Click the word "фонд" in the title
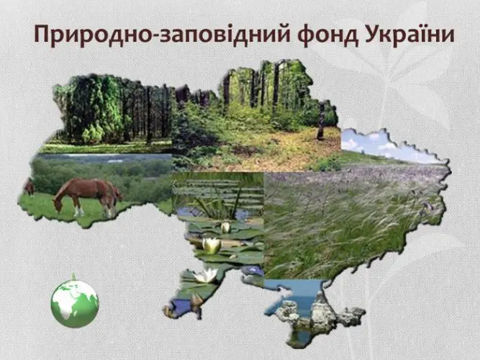(328, 34)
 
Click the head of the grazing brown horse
(58, 204)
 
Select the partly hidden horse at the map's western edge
(29, 187)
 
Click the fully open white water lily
(206, 275)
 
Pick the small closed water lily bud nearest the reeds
(226, 227)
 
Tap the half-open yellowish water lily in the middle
(212, 245)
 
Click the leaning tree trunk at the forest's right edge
(321, 120)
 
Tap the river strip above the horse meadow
(104, 158)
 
